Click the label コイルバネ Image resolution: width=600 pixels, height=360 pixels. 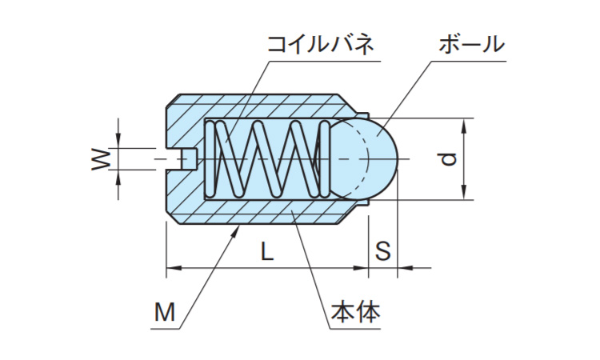pyautogui.click(x=321, y=45)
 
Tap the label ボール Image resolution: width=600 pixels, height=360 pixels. pyautogui.click(x=471, y=45)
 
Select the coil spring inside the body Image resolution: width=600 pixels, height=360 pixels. pyautogui.click(x=268, y=158)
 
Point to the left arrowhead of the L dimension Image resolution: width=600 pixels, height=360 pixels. pyautogui.click(x=170, y=268)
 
